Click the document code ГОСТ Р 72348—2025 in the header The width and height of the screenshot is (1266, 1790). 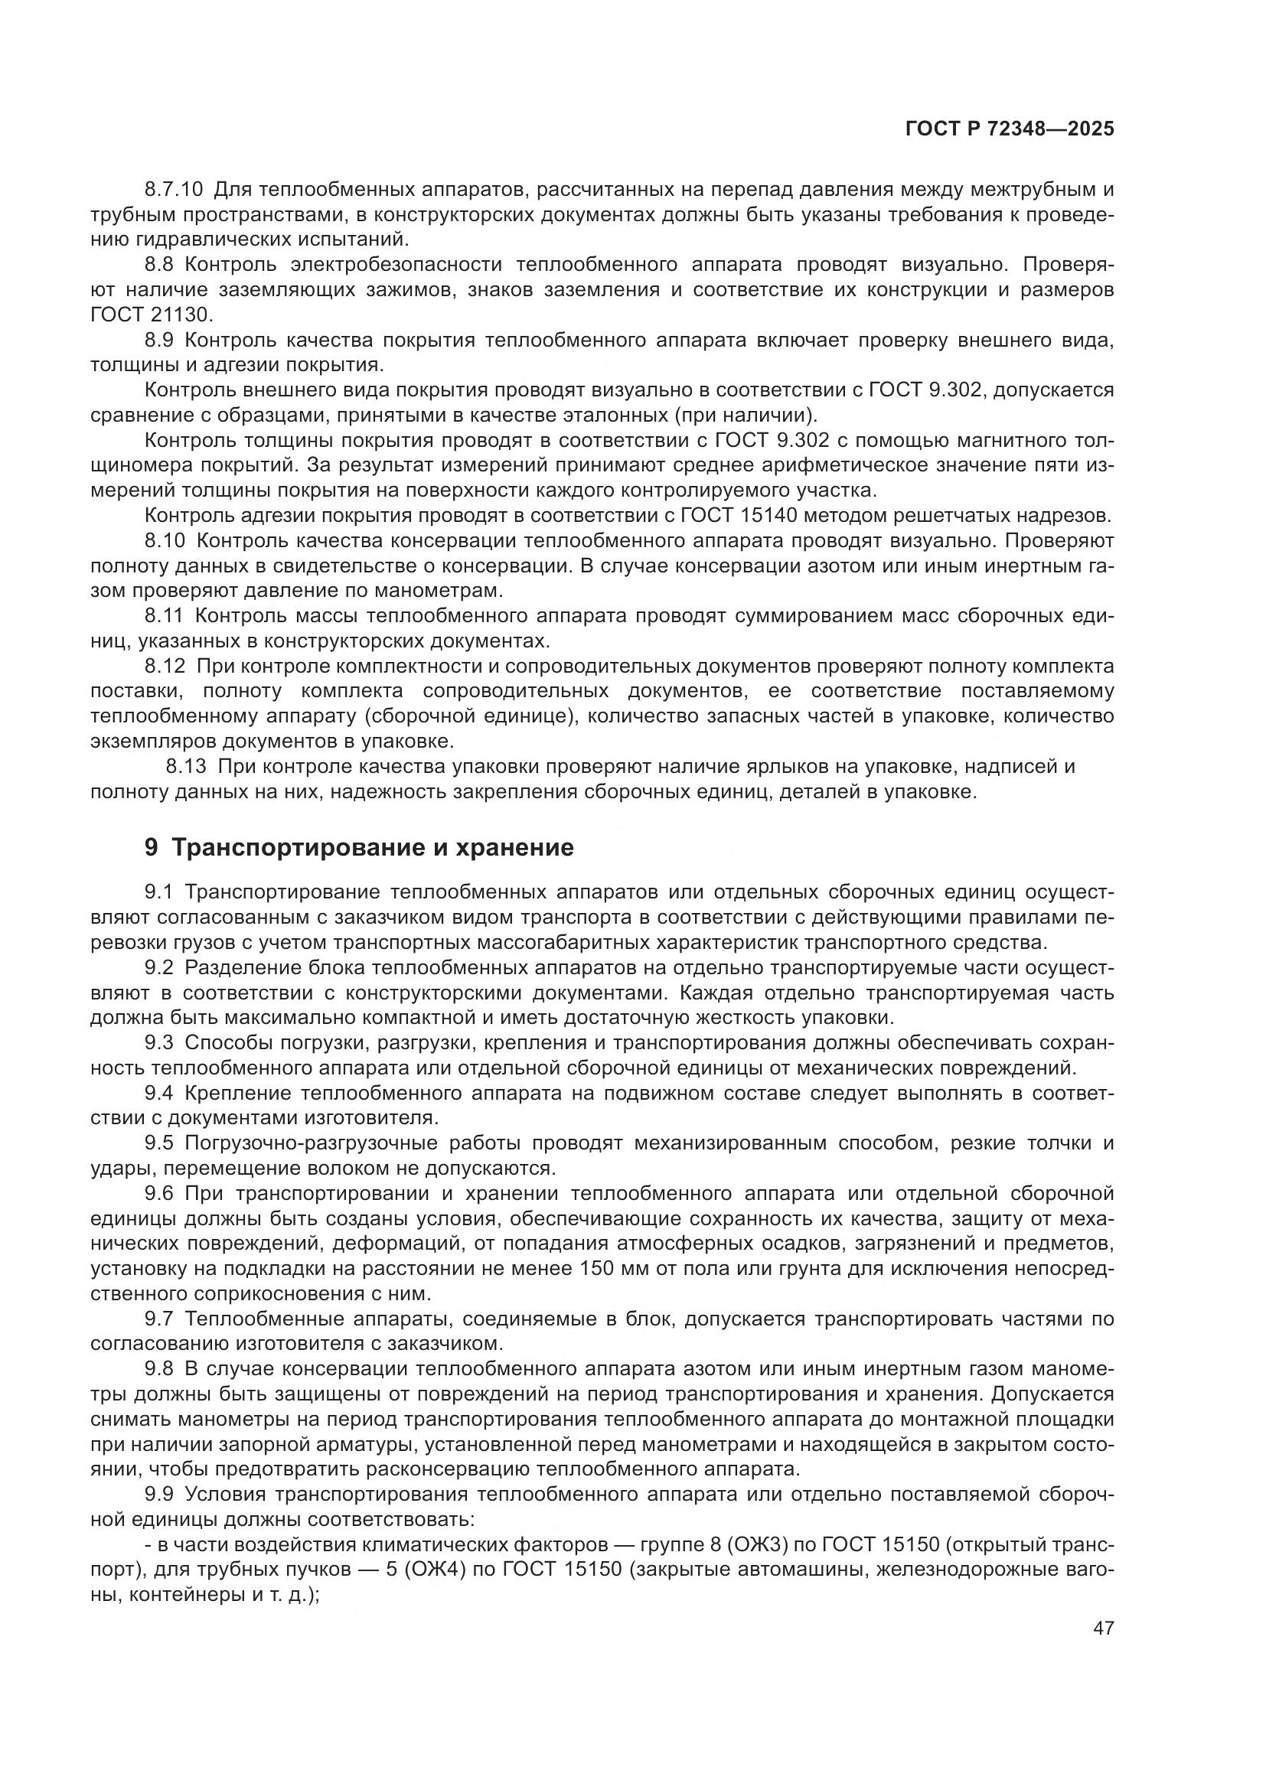[1009, 129]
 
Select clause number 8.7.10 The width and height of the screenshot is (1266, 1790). [173, 190]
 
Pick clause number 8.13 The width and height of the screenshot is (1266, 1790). [185, 766]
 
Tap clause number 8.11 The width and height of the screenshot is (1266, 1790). [163, 616]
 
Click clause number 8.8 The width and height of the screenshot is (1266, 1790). [158, 265]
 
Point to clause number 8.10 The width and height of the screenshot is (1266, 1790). [163, 541]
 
